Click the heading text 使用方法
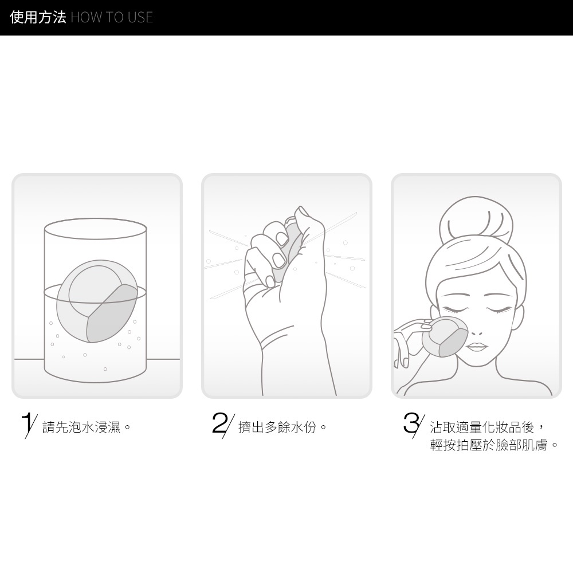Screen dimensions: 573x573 (38, 17)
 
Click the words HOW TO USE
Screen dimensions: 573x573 (112, 18)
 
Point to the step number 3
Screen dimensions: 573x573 (414, 425)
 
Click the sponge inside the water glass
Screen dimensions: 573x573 (97, 301)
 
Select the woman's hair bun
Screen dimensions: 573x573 (476, 219)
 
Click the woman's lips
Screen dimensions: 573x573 (477, 347)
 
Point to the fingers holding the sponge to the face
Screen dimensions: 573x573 (408, 340)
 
